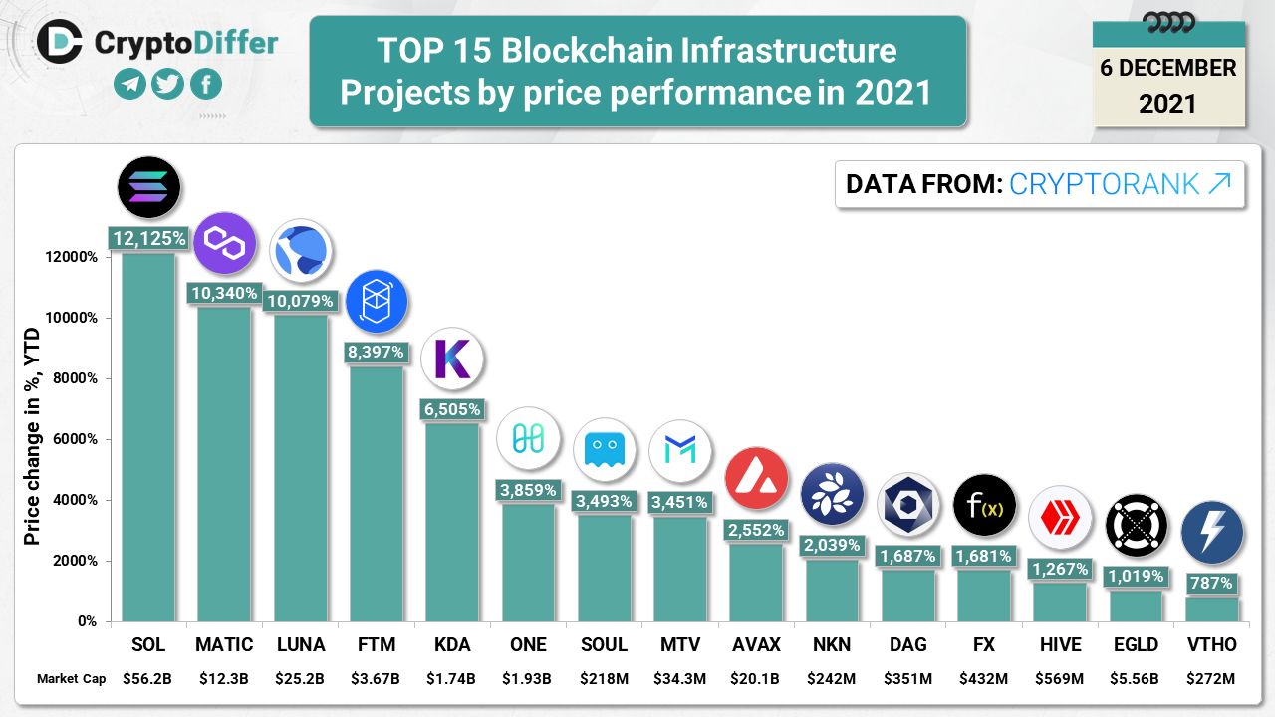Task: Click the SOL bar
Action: click(x=148, y=438)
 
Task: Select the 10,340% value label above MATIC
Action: click(x=224, y=293)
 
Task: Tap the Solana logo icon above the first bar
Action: click(x=148, y=187)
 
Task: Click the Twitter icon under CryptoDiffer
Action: click(x=167, y=84)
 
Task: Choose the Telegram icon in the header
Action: click(x=129, y=84)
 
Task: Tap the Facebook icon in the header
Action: click(x=205, y=84)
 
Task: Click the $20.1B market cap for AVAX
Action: click(x=756, y=679)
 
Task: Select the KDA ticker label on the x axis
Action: click(x=451, y=645)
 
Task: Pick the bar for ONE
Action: click(x=528, y=563)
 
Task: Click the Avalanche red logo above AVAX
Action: click(x=756, y=478)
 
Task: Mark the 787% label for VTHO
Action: click(x=1211, y=583)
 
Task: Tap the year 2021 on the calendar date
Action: click(x=1167, y=103)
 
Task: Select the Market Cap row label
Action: click(x=72, y=679)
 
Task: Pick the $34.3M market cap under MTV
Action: click(x=679, y=679)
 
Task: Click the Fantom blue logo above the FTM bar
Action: click(x=377, y=301)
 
